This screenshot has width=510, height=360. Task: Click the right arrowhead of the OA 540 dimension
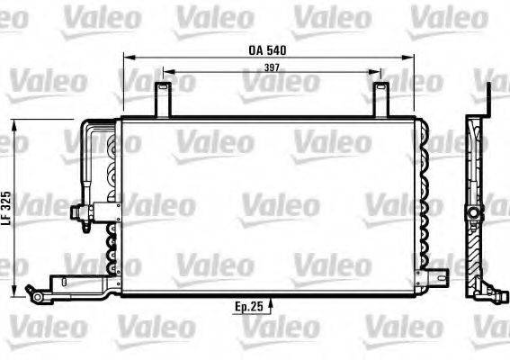416,58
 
